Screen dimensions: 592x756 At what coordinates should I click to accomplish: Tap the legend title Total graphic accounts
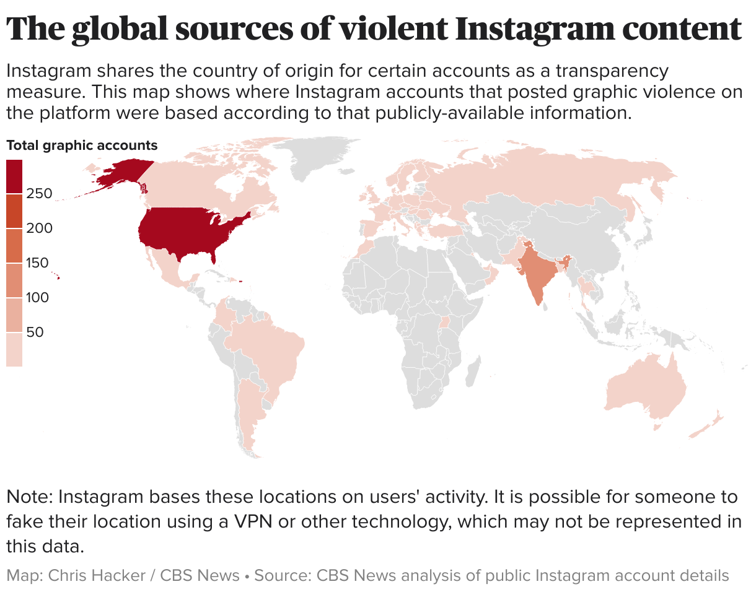82,146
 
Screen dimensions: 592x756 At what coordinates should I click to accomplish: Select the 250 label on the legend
39,193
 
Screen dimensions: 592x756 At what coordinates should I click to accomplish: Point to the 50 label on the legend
35,332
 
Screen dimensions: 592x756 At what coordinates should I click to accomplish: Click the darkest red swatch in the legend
14,176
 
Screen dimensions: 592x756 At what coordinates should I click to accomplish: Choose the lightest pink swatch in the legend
14,350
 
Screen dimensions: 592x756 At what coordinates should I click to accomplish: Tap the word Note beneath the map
28,497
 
